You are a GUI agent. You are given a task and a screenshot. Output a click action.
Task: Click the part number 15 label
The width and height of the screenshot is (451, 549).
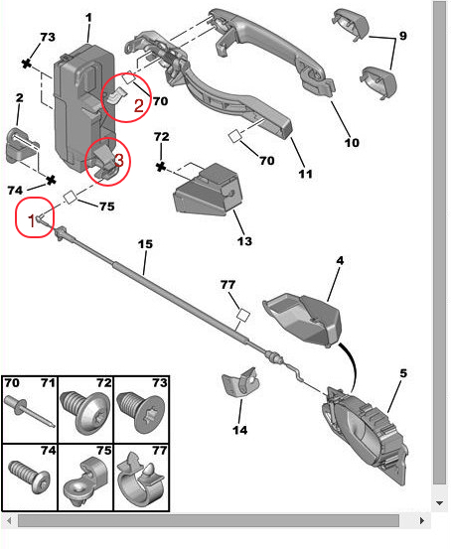(x=145, y=244)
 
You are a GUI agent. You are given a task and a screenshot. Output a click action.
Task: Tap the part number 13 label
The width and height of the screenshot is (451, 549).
(x=244, y=241)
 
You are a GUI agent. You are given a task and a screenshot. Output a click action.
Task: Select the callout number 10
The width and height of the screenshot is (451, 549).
(x=352, y=143)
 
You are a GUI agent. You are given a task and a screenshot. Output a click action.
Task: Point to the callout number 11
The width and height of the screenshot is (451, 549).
(x=305, y=174)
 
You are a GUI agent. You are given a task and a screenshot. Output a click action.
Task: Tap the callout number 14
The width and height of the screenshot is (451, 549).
(x=240, y=430)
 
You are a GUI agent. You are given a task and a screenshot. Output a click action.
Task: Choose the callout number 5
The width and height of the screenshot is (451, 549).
(x=403, y=373)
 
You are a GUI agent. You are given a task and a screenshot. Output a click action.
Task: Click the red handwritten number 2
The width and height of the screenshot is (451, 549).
(x=139, y=105)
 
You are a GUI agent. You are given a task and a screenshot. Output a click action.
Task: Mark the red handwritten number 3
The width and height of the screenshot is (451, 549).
(x=119, y=160)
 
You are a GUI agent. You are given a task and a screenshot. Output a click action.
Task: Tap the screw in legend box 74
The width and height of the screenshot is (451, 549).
(x=30, y=478)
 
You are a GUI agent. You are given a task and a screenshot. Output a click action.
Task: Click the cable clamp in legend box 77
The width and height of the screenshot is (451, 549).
(x=141, y=479)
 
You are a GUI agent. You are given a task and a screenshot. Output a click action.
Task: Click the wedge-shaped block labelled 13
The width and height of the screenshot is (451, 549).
(x=208, y=190)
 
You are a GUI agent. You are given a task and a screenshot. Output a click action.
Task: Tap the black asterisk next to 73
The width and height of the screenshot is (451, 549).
(x=26, y=64)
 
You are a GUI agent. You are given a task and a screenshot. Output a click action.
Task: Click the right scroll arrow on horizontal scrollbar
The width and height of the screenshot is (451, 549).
(x=422, y=520)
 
